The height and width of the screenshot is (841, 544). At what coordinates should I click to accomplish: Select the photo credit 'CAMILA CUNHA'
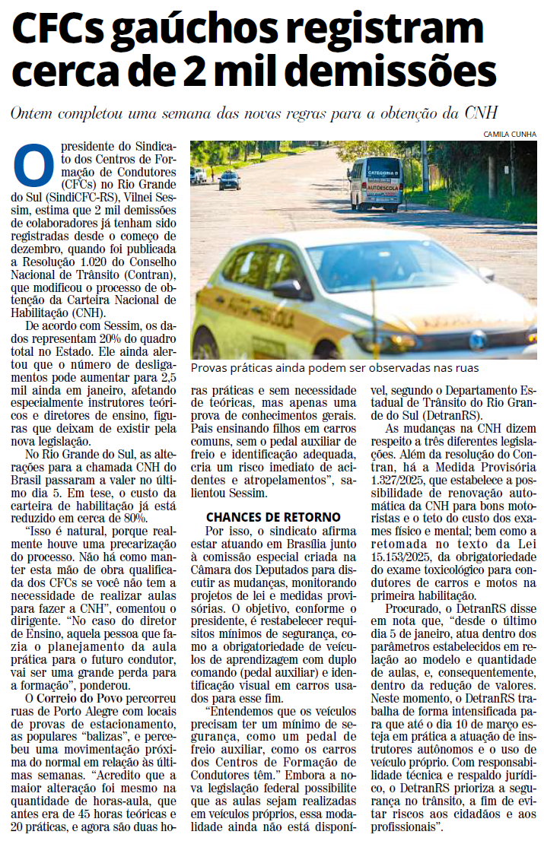pyautogui.click(x=511, y=134)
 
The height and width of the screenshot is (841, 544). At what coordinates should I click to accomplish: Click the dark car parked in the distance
pyautogui.click(x=228, y=181)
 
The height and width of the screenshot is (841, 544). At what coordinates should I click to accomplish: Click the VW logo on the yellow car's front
pyautogui.click(x=477, y=341)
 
